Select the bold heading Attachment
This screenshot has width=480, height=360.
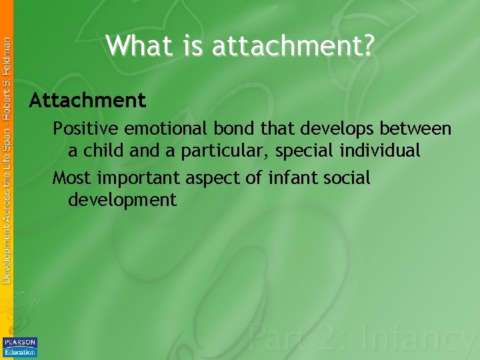click(x=87, y=101)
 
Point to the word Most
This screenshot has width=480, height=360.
click(x=73, y=178)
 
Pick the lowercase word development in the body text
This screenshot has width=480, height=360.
click(x=123, y=200)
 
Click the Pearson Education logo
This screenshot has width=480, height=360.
click(x=20, y=347)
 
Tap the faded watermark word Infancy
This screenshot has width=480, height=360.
click(x=419, y=340)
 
